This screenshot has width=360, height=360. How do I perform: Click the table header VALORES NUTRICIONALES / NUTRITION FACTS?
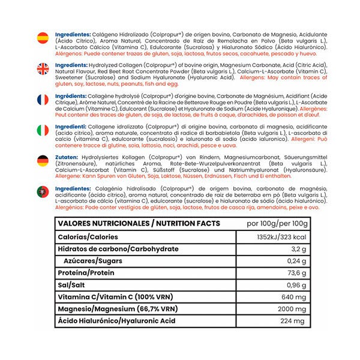point(138,223)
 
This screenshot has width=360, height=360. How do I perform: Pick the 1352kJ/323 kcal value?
point(281,236)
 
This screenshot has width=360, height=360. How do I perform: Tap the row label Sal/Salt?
point(71,285)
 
